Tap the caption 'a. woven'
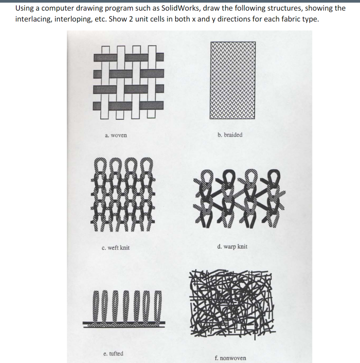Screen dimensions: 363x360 [116, 135]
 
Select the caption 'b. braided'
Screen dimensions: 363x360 [230, 135]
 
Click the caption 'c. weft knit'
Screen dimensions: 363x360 [116, 248]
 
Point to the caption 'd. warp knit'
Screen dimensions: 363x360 [232, 246]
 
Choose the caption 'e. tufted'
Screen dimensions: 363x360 [113, 353]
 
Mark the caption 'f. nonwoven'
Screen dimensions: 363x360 [230, 358]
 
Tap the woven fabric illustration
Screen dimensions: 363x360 [128, 81]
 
